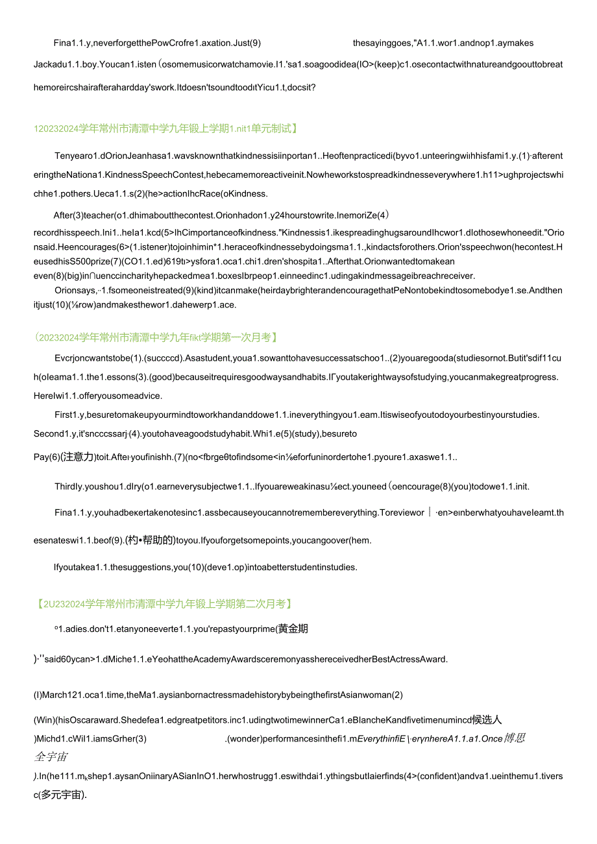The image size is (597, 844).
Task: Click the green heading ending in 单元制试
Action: click(x=165, y=128)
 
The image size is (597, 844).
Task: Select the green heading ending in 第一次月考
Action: click(x=156, y=337)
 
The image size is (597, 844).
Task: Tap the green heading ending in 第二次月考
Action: click(x=165, y=604)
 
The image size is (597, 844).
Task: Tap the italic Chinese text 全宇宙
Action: click(x=51, y=756)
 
